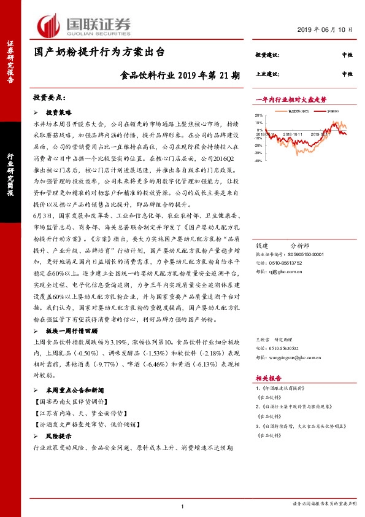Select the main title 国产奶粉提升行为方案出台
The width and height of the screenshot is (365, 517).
(x=99, y=54)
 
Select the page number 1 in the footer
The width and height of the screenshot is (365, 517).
(x=183, y=506)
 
